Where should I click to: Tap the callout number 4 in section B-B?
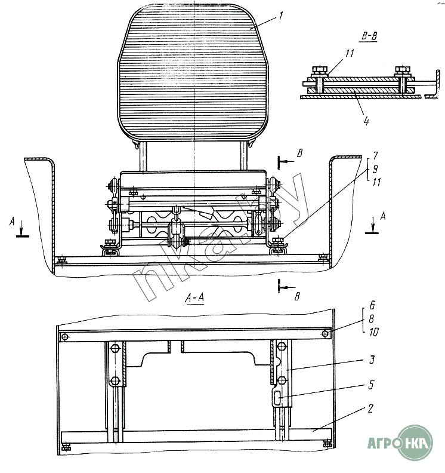tap(366, 121)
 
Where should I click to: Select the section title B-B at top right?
tap(369, 35)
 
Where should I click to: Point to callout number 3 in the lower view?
tap(371, 361)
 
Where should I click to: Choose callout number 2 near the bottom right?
tap(371, 409)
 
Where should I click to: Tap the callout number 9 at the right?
tap(375, 168)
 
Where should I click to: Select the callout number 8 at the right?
tap(371, 318)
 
